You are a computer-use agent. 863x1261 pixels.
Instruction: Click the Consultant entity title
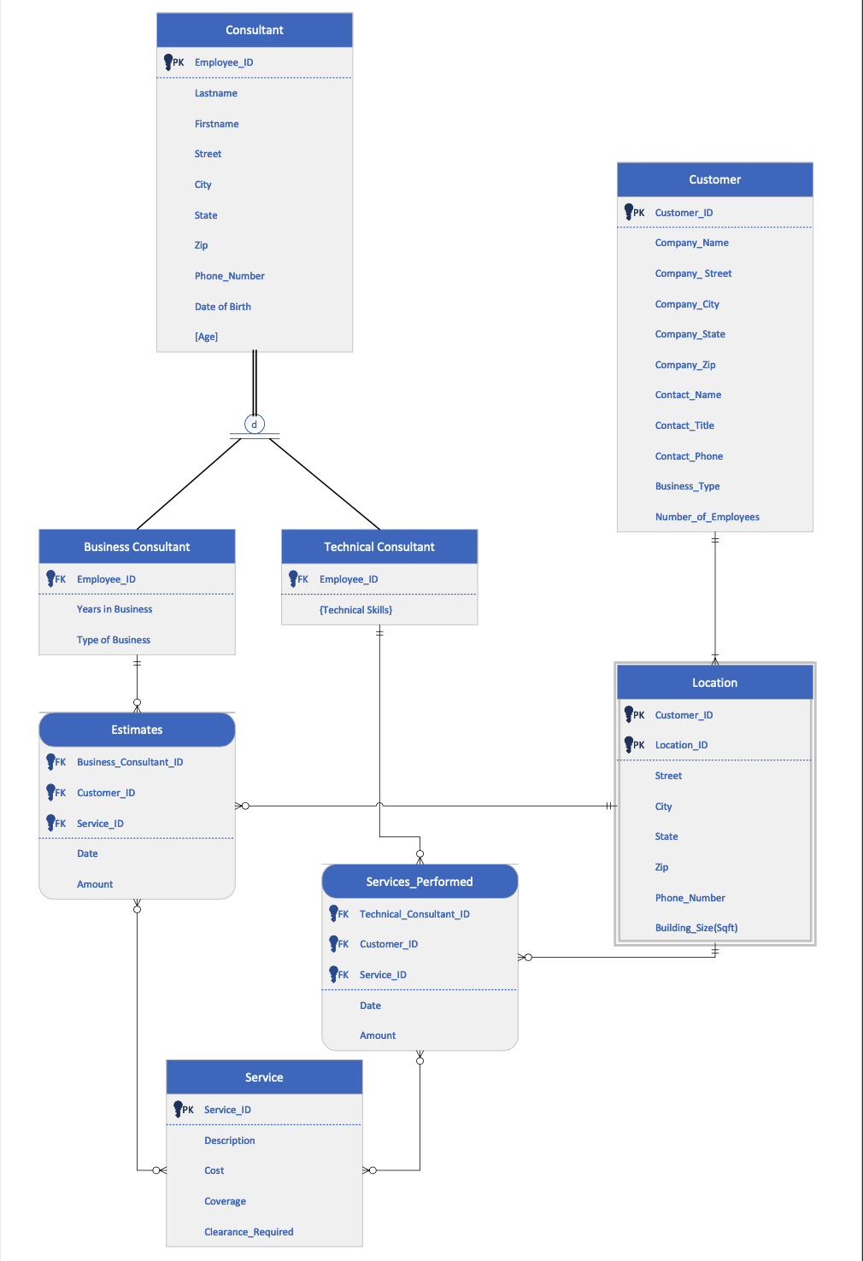(x=254, y=30)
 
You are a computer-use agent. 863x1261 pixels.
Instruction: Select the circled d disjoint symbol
(x=255, y=424)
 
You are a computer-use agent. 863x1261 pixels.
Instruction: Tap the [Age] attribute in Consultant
(x=206, y=337)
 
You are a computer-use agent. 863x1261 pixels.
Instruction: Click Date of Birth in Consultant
(x=222, y=307)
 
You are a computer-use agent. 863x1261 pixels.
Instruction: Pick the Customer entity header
(x=714, y=179)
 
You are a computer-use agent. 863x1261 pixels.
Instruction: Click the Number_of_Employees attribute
(x=707, y=517)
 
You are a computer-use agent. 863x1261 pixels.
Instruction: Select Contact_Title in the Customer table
(x=684, y=425)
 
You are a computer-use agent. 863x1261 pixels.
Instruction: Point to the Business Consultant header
(x=137, y=547)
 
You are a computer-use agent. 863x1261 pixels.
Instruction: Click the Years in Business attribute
(x=114, y=609)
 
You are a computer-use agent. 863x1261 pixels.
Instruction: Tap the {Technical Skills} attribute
(x=355, y=610)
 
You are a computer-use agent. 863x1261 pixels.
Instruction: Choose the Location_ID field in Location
(x=681, y=745)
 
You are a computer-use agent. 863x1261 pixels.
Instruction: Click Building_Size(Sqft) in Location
(x=696, y=928)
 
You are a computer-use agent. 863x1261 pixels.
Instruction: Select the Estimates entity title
(x=137, y=730)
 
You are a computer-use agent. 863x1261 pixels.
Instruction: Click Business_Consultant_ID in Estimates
(x=130, y=762)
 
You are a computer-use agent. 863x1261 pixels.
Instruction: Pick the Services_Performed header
(x=419, y=882)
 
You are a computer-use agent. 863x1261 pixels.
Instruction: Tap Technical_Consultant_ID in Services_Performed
(x=414, y=914)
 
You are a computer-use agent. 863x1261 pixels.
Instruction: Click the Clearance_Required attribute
(x=249, y=1232)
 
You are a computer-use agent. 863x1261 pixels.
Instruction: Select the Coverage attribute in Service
(x=225, y=1201)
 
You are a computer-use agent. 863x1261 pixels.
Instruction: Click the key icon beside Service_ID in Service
(x=178, y=1109)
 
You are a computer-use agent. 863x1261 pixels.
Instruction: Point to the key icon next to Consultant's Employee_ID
(x=168, y=62)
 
